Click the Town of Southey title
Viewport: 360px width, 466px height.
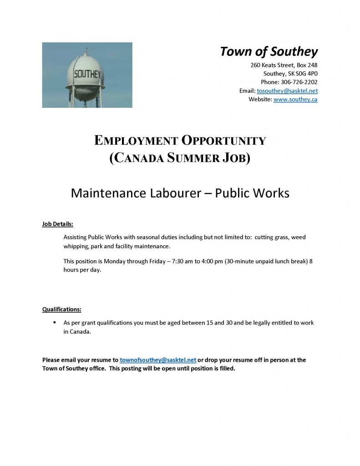[269, 51]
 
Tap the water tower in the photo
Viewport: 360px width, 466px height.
[85, 77]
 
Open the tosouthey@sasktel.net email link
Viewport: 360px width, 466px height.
[287, 91]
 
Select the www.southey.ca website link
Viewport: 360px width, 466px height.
[295, 99]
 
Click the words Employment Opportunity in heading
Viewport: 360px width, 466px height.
[180, 141]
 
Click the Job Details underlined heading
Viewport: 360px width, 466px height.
[58, 224]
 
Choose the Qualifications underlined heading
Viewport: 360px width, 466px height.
[62, 309]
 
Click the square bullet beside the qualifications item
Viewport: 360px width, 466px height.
[54, 323]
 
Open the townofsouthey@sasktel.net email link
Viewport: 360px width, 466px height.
[158, 360]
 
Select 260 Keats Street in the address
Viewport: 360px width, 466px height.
[271, 65]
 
